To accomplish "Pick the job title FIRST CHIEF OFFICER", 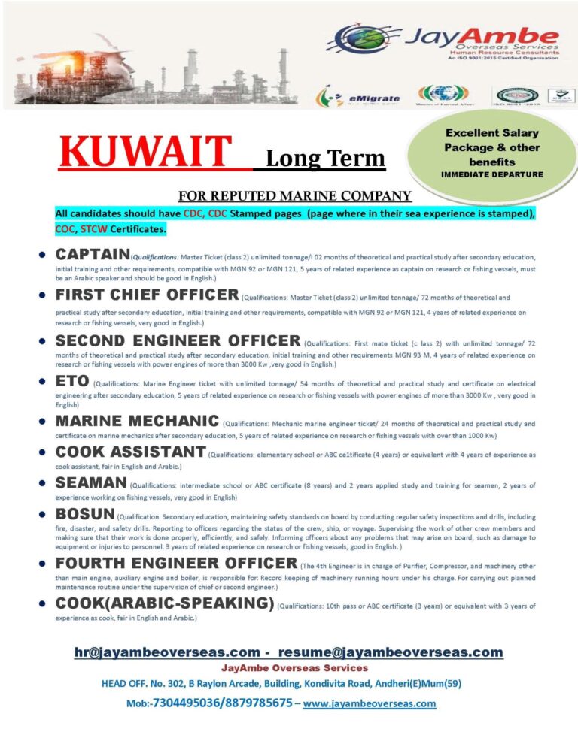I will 148,294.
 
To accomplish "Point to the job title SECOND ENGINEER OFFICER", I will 178,340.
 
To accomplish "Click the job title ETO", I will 72,381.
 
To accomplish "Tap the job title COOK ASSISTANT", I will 130,452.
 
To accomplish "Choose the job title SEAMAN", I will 92,484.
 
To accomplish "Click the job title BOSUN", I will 85,515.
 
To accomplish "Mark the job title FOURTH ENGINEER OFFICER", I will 176,564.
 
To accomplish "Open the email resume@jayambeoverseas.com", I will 391,652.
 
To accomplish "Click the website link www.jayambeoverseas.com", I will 369,703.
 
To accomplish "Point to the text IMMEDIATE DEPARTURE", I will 491,174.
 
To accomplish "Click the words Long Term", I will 325,159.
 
